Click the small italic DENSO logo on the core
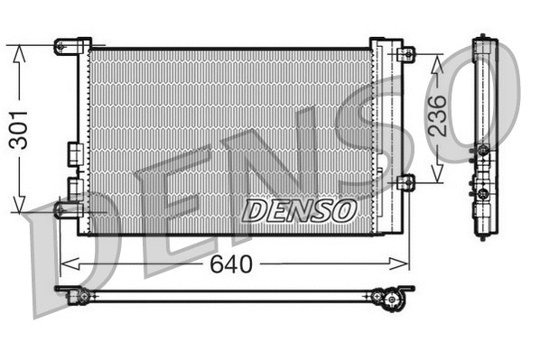300,210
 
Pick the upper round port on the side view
484,149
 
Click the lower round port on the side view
484,192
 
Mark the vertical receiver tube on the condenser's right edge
383,135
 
